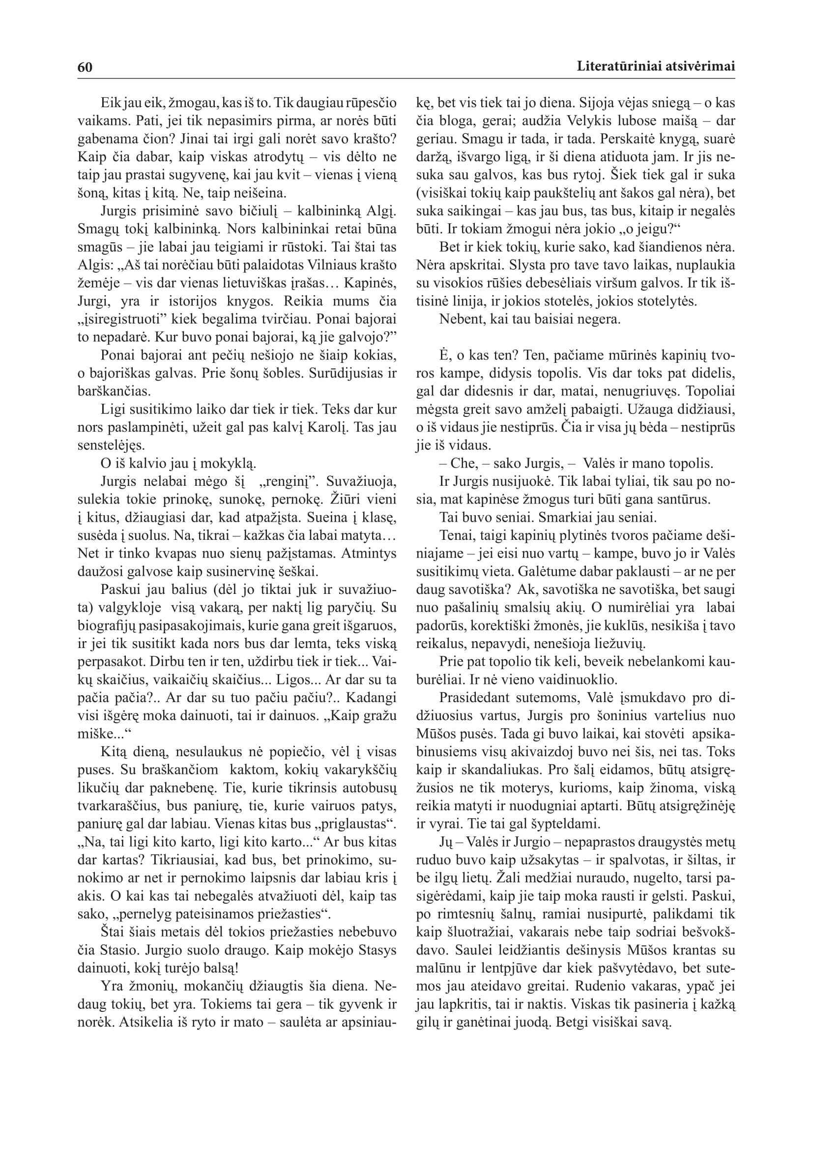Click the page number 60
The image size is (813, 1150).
[x=85, y=67]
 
